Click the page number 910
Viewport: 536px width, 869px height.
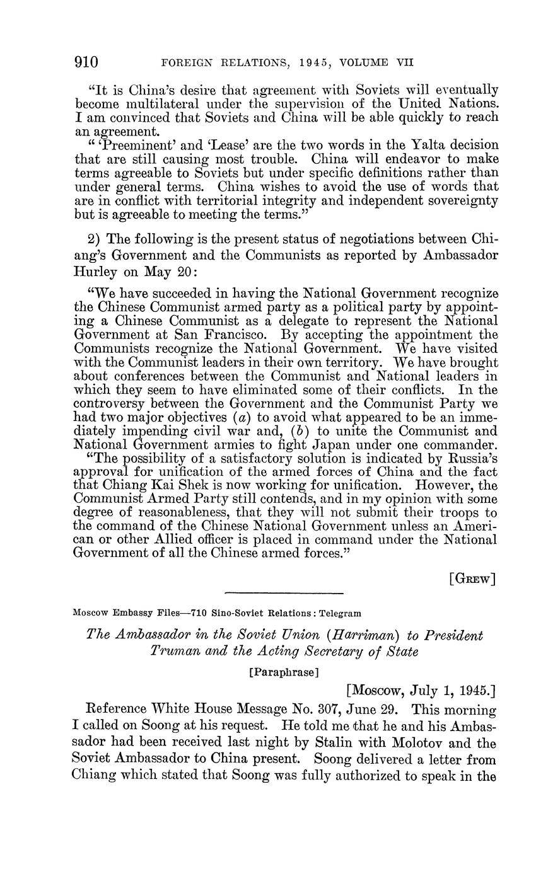[87, 62]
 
